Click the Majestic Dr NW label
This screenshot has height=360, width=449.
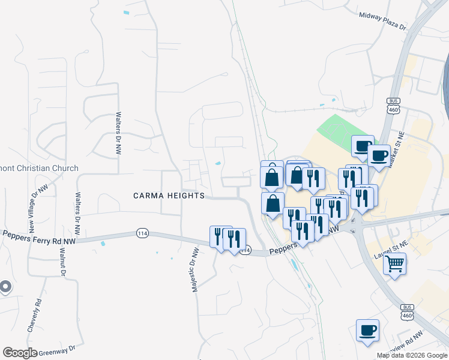click(194, 269)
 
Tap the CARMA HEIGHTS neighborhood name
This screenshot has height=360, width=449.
click(169, 196)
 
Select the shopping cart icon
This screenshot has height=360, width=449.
click(394, 263)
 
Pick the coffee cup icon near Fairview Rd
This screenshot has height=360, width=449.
click(367, 329)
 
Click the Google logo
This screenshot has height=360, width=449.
click(20, 353)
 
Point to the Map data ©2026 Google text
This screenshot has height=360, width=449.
click(412, 355)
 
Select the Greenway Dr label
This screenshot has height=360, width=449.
click(58, 349)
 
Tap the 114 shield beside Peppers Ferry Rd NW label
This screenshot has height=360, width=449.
click(142, 233)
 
